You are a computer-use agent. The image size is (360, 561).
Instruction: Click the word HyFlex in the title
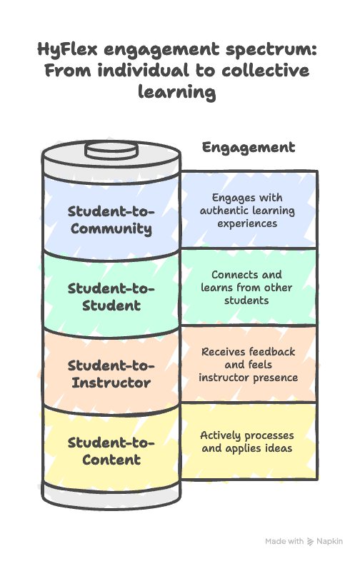click(x=67, y=49)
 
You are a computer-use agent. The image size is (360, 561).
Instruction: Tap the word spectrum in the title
click(x=271, y=50)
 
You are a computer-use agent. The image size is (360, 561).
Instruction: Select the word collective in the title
click(x=266, y=70)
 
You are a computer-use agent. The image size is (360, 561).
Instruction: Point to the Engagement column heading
click(x=249, y=148)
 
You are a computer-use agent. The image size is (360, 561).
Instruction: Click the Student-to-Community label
click(x=111, y=220)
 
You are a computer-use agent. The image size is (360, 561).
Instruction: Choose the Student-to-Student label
click(x=111, y=297)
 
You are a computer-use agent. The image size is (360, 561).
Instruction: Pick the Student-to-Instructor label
click(x=111, y=374)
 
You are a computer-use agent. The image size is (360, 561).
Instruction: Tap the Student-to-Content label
click(x=111, y=451)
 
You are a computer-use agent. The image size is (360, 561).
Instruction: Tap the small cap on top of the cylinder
click(x=111, y=150)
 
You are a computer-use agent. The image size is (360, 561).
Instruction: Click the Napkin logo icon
click(x=310, y=541)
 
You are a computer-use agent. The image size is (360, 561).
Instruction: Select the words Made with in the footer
click(x=284, y=541)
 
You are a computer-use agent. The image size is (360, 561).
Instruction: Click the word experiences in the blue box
click(x=247, y=224)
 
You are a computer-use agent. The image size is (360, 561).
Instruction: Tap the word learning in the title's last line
click(x=177, y=92)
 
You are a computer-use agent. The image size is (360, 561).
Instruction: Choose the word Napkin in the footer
click(x=329, y=542)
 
